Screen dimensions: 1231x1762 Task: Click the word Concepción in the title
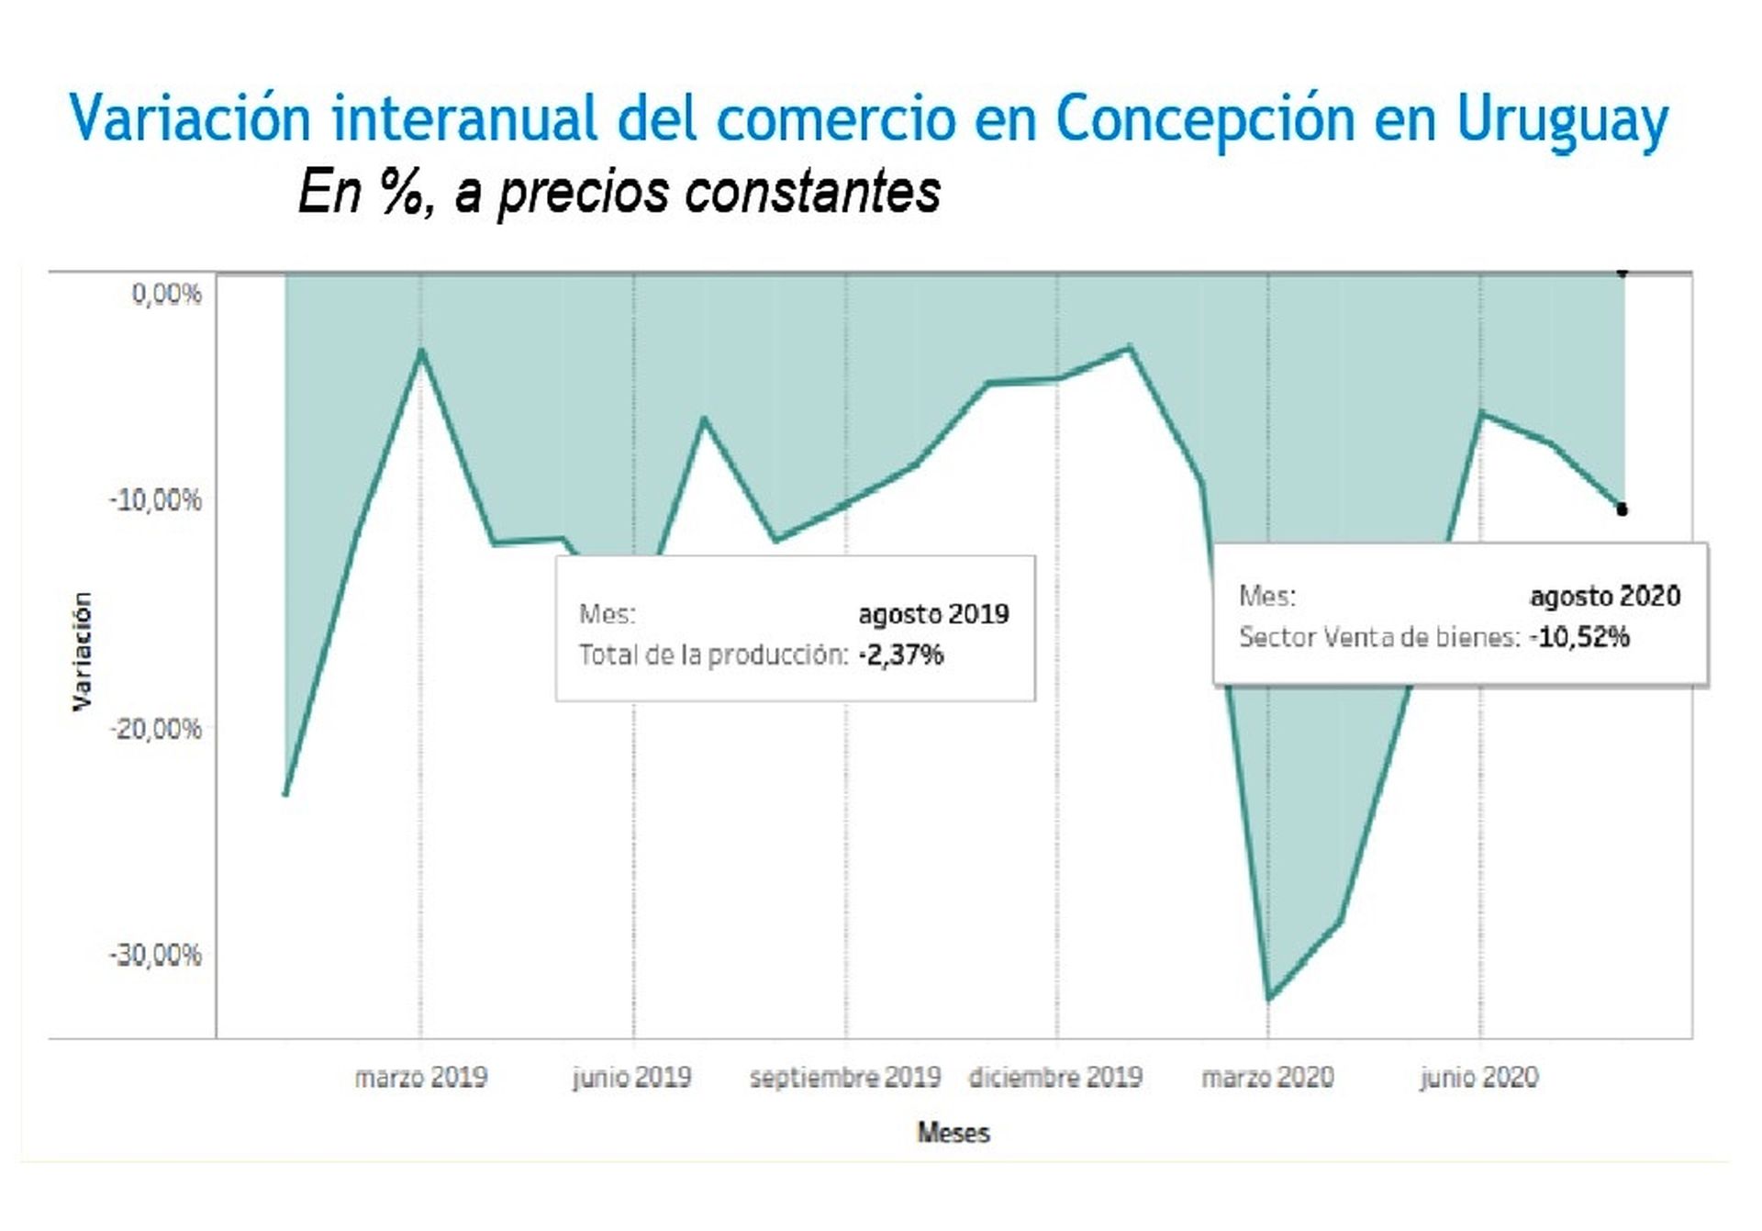coord(1205,119)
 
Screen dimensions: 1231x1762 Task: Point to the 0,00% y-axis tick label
coord(166,294)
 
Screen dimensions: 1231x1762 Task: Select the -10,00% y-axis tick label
coord(156,500)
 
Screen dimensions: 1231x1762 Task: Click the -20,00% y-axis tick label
coord(156,729)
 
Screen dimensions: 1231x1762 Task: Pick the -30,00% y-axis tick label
coord(156,956)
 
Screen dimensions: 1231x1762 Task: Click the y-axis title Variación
coord(83,650)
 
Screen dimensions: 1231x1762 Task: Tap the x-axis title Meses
coord(953,1133)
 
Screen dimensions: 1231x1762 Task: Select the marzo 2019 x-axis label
coord(421,1077)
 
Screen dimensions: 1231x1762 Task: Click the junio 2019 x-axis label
coord(632,1077)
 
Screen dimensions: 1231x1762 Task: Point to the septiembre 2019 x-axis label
coord(845,1077)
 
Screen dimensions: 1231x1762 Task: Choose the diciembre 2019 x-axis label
coord(1056,1077)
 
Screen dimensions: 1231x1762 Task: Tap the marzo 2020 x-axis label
coord(1267,1077)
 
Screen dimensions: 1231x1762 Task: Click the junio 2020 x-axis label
coord(1479,1077)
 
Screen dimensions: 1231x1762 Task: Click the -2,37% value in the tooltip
coord(901,655)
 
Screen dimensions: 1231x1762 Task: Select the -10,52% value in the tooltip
coord(1579,637)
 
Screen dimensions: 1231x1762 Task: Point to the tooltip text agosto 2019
coord(933,614)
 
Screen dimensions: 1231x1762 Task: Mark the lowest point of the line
coord(1268,999)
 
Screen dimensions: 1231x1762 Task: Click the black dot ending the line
coord(1623,509)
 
